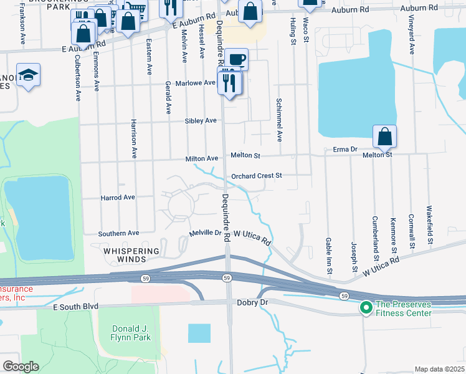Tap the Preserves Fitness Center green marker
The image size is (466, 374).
364,308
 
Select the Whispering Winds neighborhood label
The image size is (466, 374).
131,251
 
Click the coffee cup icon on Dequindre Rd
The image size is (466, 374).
236,60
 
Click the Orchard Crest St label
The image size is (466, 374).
257,176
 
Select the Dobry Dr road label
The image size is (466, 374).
252,302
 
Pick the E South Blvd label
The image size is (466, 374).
77,307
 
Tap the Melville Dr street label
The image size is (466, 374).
206,233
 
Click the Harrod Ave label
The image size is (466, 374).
118,198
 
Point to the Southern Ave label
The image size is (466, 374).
118,233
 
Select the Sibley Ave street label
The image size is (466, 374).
200,120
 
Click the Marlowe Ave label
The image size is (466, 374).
199,82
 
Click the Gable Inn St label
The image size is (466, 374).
328,254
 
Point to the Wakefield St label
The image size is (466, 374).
429,219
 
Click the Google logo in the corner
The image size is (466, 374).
21,367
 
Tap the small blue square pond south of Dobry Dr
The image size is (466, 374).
199,333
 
